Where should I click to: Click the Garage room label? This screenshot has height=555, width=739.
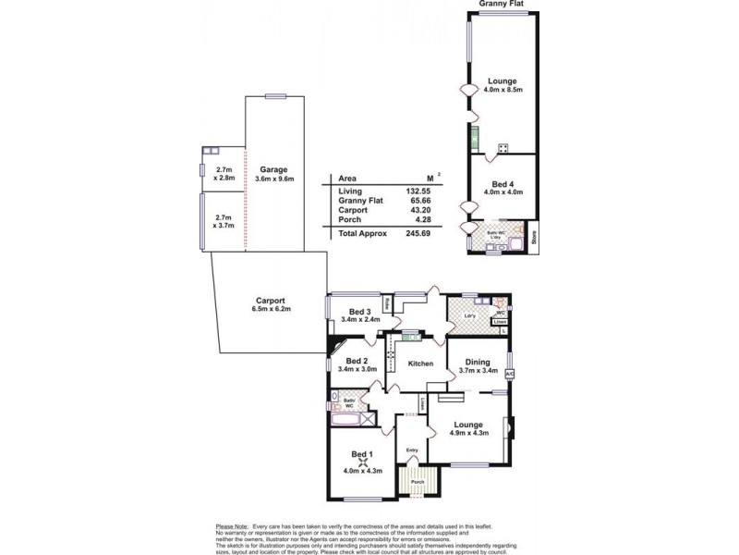(273, 169)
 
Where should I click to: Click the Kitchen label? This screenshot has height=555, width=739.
(420, 364)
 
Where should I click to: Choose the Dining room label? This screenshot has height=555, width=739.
(478, 363)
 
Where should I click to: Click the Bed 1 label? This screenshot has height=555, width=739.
(362, 453)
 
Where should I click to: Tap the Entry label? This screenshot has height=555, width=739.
(412, 450)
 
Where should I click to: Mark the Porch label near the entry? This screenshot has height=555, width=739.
(417, 482)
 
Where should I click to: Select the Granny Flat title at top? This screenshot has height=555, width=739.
(503, 4)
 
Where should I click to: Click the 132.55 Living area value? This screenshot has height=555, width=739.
(419, 191)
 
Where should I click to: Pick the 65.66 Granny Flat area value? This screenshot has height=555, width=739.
(419, 201)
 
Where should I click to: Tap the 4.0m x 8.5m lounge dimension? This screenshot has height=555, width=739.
(503, 90)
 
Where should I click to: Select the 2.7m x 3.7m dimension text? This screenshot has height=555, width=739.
(223, 220)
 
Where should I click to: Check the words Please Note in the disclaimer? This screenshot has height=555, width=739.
(233, 524)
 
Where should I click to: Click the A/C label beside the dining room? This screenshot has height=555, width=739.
(509, 373)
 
